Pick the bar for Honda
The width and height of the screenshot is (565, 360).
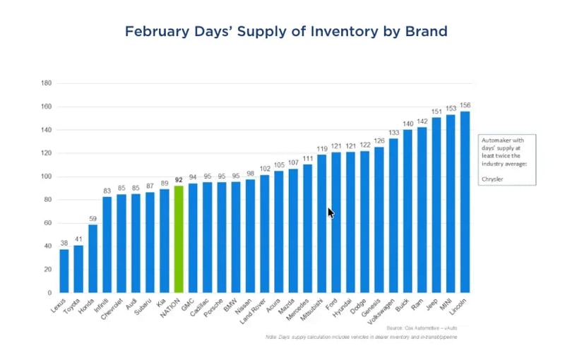pyautogui.click(x=93, y=258)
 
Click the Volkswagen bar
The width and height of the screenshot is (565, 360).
pyautogui.click(x=393, y=215)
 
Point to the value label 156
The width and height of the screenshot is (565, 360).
pyautogui.click(x=465, y=105)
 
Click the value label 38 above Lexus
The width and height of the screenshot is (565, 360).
pyautogui.click(x=64, y=243)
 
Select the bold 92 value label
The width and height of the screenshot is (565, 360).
pyautogui.click(x=179, y=180)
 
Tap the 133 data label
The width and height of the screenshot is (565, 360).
pyautogui.click(x=393, y=132)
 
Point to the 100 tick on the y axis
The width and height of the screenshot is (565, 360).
pyautogui.click(x=47, y=176)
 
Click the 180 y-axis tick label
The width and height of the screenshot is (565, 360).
pyautogui.click(x=47, y=83)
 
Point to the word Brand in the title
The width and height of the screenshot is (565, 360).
pyautogui.click(x=426, y=32)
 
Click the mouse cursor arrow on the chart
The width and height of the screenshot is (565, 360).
pyautogui.click(x=331, y=212)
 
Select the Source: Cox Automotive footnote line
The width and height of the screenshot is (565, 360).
pyautogui.click(x=422, y=328)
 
